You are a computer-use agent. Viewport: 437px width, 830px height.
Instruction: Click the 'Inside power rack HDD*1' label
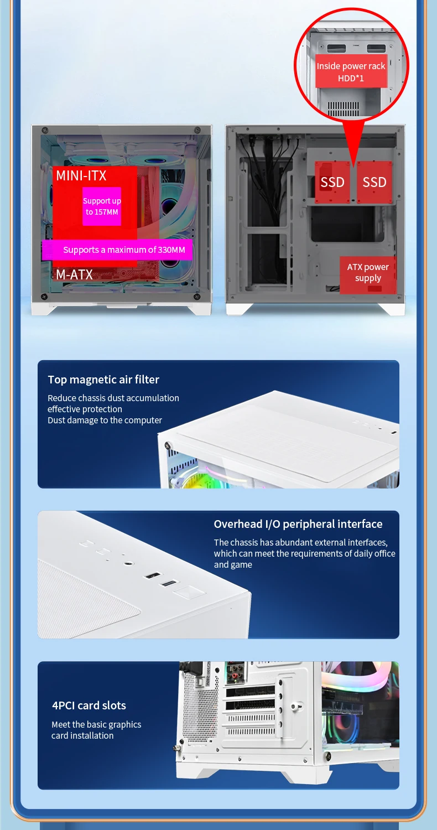point(351,71)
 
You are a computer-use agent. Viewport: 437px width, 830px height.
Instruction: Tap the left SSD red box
point(332,182)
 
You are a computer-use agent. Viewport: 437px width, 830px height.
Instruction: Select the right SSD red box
point(374,182)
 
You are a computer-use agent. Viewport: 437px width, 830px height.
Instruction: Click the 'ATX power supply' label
point(368,273)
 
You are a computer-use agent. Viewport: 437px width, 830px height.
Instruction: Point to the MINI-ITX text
point(81,176)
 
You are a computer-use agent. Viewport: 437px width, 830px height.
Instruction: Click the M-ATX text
point(74,274)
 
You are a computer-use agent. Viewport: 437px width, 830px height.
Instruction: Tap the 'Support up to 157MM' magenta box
point(102,206)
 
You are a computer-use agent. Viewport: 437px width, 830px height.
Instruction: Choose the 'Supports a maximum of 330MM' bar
point(117,250)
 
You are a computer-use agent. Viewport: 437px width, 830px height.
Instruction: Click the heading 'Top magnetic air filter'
point(103,380)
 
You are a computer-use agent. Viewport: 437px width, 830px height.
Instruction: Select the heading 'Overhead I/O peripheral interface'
point(298,524)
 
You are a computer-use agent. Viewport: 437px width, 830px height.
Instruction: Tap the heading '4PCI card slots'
point(89,705)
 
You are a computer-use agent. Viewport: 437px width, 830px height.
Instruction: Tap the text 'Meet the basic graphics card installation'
point(96,730)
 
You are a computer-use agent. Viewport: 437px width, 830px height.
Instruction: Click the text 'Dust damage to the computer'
point(105,421)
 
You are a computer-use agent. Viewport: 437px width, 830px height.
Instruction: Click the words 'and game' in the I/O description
point(233,565)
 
